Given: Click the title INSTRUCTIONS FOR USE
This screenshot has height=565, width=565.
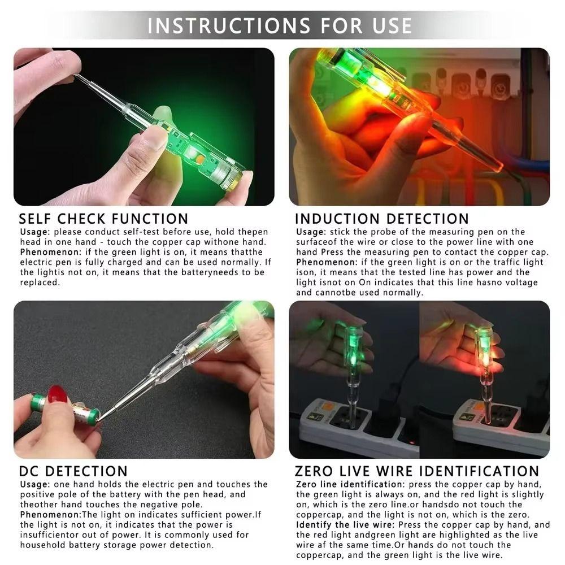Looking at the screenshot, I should point(280,25).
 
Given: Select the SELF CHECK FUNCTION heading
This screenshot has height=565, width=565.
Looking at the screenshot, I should point(103,219).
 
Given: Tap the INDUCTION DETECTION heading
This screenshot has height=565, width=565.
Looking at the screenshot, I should point(382,219).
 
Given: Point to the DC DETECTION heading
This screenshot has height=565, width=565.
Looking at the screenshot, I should point(73,471).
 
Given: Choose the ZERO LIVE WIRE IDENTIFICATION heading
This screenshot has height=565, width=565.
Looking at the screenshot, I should point(417,471).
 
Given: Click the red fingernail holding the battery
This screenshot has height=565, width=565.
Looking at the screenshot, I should point(57,394).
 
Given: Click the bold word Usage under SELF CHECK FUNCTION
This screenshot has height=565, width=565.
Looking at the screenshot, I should point(35,232).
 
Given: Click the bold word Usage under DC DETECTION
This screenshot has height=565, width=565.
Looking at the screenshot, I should point(35,484).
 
